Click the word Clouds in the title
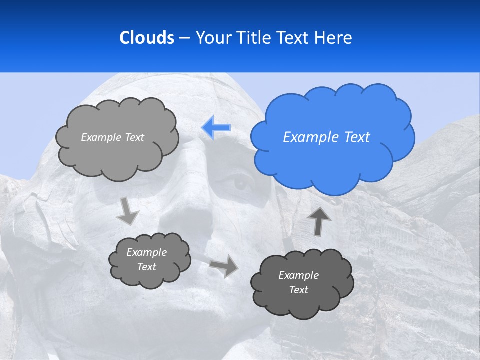click(146, 37)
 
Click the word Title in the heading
click(253, 37)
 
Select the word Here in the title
click(333, 37)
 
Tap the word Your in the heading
click(212, 37)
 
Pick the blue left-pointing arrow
click(216, 128)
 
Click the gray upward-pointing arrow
click(319, 220)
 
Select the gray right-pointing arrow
click(224, 265)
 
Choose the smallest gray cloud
click(150, 259)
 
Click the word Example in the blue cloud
click(308, 137)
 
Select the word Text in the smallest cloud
click(146, 267)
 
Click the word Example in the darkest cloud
click(298, 275)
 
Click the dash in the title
click(184, 38)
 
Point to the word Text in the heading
click(294, 37)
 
